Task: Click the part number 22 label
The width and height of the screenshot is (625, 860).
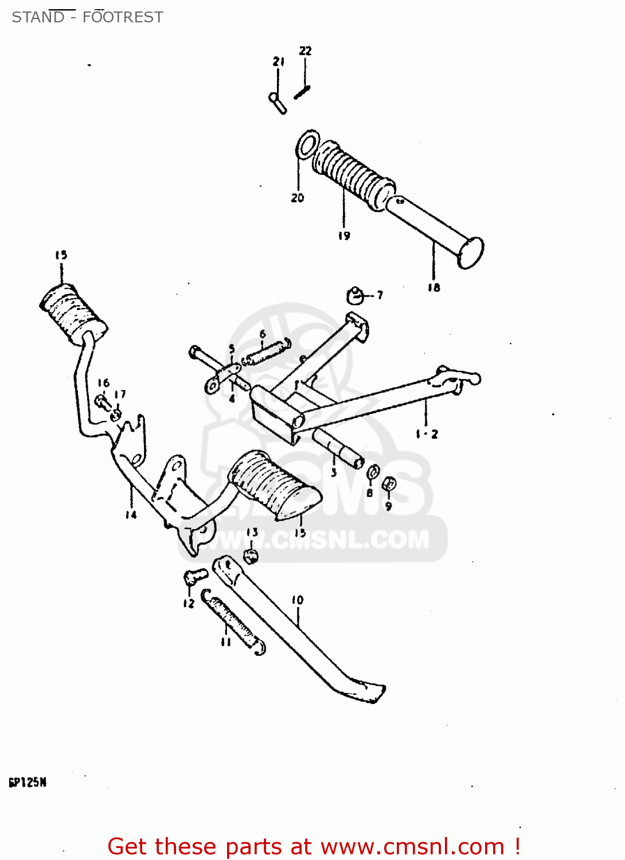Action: (305, 51)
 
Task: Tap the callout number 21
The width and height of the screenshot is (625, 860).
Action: (279, 61)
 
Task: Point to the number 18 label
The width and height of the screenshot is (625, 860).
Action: (433, 287)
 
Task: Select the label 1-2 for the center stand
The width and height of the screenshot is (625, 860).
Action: (427, 434)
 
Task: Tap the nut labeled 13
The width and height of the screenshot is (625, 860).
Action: (251, 554)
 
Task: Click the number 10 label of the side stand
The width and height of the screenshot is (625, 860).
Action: (298, 600)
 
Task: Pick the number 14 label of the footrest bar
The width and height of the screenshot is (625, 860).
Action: (131, 514)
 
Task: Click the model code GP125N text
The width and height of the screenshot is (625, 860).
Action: (28, 783)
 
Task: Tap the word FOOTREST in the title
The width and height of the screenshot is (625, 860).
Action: (123, 17)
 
